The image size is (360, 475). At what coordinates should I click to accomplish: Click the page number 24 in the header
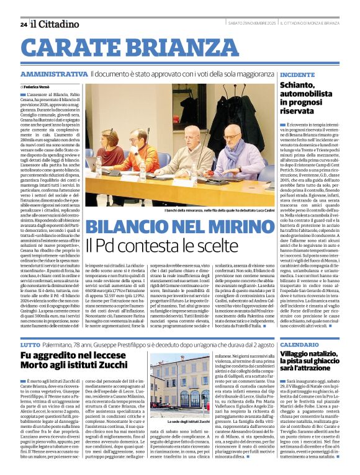(x=24, y=24)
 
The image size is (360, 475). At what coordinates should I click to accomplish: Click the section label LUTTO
(x=30, y=344)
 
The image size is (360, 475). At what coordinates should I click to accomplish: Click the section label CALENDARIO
(x=300, y=344)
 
